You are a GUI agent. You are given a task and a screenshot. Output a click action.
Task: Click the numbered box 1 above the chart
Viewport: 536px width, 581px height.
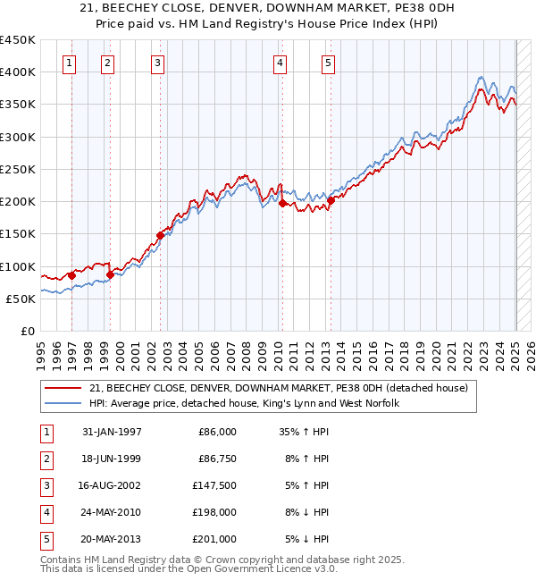70,63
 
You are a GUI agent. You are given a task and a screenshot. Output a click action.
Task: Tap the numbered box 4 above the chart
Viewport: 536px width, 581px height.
281,63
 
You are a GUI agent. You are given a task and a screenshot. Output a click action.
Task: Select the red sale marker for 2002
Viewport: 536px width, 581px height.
161,235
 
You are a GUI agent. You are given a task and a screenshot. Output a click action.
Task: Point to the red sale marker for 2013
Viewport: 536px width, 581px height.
330,200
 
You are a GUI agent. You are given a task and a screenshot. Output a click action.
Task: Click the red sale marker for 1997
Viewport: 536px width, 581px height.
71,275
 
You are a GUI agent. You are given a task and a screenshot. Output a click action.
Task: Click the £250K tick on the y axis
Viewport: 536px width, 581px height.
19,169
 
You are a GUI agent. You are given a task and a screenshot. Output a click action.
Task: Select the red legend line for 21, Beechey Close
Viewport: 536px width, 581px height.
63,388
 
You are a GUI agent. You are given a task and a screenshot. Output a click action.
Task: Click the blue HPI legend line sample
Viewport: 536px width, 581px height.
63,403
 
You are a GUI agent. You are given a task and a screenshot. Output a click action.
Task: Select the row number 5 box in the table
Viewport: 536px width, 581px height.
45,539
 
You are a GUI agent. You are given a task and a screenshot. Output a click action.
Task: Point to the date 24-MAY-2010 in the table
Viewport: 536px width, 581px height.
112,513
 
